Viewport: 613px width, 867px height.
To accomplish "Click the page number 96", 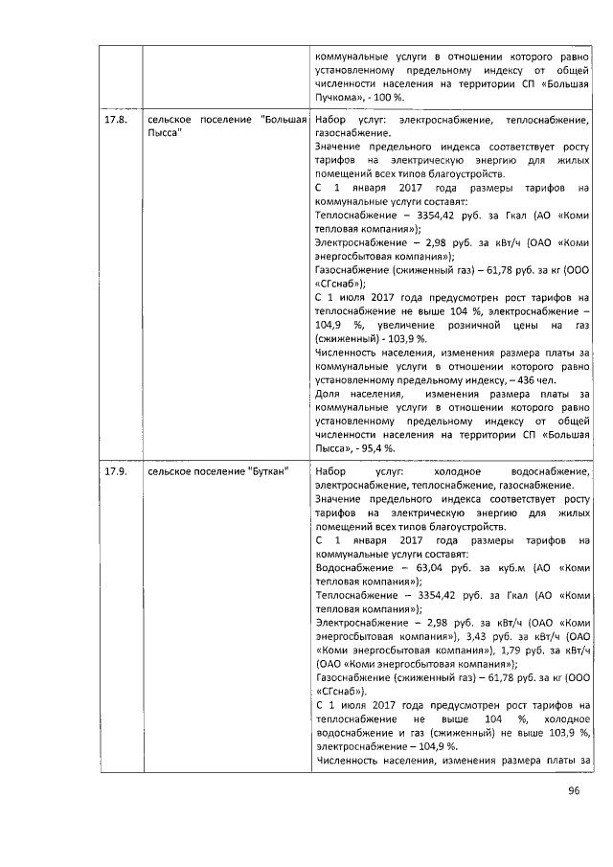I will click(x=575, y=790).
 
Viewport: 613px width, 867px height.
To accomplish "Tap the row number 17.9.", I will click(x=116, y=472).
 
